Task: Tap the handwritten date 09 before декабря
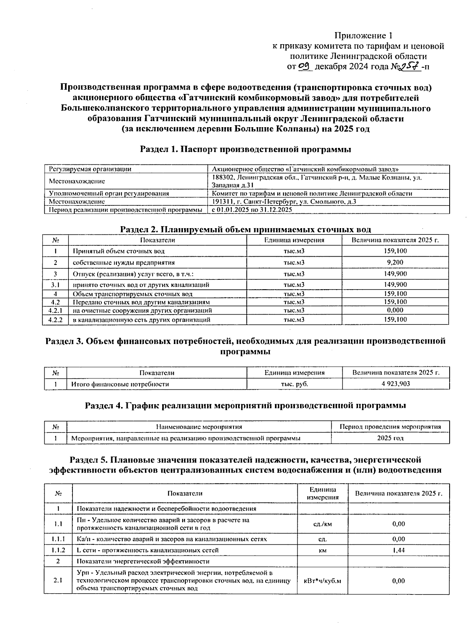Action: point(305,67)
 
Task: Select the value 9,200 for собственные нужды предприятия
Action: point(394,262)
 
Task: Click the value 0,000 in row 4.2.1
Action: point(395,310)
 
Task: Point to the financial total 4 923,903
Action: point(396,384)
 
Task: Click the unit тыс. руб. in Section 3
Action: point(295,384)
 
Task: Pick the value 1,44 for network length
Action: point(398,550)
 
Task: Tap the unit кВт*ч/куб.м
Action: point(322,581)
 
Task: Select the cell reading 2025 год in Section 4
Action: point(390,438)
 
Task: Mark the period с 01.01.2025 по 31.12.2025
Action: point(252,210)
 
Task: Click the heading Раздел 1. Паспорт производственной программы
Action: point(246,149)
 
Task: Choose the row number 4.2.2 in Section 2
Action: point(55,320)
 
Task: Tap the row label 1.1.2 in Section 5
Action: point(58,550)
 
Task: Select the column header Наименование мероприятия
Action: point(199,427)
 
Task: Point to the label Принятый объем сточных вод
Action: point(119,251)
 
